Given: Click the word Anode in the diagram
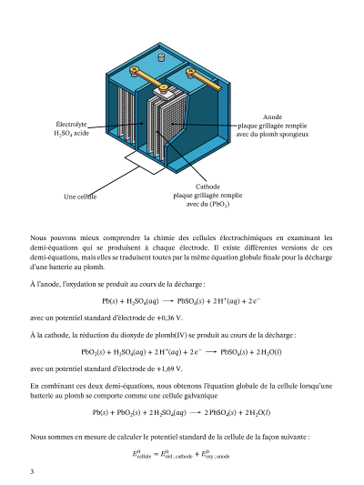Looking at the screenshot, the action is click(272, 116).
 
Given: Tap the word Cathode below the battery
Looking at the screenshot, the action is click(207, 187).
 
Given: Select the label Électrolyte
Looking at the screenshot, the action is click(71, 125).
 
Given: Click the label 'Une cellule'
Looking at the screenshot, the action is click(80, 197).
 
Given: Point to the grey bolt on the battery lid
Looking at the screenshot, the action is click(161, 57).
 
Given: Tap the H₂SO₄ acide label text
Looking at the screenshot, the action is click(71, 134).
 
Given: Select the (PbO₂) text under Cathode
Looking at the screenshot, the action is click(219, 205).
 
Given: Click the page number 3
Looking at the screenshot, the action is click(32, 471).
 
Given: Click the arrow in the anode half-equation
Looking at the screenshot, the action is click(167, 301).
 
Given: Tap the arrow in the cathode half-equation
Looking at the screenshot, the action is click(211, 352).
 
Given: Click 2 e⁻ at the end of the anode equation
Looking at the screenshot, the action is click(254, 301).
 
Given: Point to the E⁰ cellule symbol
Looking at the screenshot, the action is click(142, 454).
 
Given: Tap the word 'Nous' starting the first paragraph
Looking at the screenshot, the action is click(37, 237).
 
